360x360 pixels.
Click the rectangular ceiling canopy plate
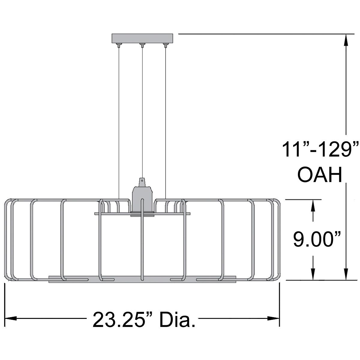(142, 38)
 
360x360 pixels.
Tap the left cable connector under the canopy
(119, 45)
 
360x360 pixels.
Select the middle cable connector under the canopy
(142, 45)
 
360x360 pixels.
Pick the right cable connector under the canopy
(165, 45)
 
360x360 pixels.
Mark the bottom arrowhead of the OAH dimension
(346, 274)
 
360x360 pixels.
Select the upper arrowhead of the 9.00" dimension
(313, 205)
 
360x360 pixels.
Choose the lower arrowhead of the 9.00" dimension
(313, 274)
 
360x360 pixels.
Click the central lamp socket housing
(142, 199)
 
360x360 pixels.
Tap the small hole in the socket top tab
(142, 181)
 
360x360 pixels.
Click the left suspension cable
(119, 120)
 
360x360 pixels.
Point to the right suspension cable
(166, 120)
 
